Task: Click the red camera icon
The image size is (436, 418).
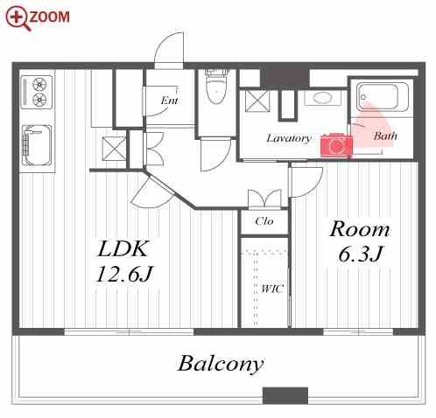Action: tap(336, 145)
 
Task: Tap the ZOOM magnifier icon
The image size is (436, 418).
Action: tap(18, 18)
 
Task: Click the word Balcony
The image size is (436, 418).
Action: tap(221, 364)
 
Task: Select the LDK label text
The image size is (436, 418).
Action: tap(123, 248)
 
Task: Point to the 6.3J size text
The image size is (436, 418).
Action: tap(360, 254)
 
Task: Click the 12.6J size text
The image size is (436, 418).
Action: tap(124, 274)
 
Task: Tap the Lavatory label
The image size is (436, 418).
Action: tap(289, 138)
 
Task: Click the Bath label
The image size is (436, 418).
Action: tap(385, 136)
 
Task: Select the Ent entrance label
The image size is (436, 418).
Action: tap(170, 101)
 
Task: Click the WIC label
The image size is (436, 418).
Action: tap(272, 289)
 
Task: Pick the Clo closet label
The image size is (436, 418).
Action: tap(264, 221)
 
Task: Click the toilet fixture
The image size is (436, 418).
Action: tap(216, 87)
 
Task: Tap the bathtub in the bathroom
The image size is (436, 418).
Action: tap(383, 96)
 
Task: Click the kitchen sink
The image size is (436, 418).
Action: tap(37, 145)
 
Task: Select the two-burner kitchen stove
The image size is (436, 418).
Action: tap(37, 92)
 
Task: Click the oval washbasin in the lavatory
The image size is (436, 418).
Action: tap(323, 98)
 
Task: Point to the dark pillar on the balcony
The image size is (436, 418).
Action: tap(285, 395)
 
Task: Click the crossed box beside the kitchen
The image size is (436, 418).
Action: tap(114, 149)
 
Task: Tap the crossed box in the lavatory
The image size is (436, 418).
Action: tap(257, 101)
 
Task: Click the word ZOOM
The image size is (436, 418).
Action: tap(50, 17)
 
